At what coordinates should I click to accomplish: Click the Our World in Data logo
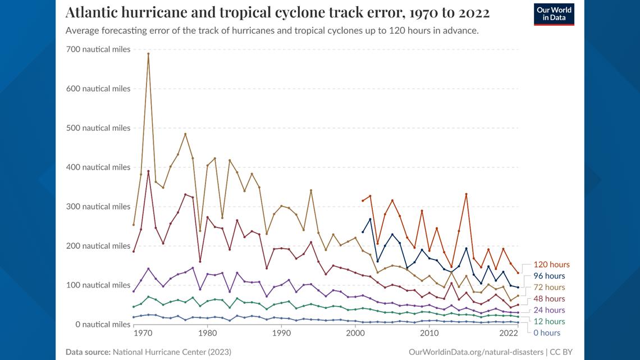tap(554, 15)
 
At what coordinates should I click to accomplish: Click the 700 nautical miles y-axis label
tap(98, 49)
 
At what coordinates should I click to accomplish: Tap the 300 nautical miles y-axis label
tap(98, 207)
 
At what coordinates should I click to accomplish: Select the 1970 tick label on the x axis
tap(134, 333)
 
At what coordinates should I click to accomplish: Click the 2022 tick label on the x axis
tap(509, 333)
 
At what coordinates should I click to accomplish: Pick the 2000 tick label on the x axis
tap(355, 333)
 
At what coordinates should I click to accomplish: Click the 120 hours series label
tap(551, 265)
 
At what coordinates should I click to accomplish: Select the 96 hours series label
tap(549, 276)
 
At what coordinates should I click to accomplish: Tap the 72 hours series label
tap(549, 288)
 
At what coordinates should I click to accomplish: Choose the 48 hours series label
tap(549, 299)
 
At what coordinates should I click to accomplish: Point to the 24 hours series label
tap(549, 310)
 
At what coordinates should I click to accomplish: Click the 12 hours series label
tap(549, 322)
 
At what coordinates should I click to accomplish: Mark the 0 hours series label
tap(547, 333)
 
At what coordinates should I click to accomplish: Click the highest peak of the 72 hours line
tap(148, 54)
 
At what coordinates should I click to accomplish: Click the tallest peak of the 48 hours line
tap(148, 171)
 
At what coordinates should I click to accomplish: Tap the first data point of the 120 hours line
tap(363, 200)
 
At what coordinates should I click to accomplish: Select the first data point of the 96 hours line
tap(363, 232)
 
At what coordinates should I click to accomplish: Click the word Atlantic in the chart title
tap(93, 12)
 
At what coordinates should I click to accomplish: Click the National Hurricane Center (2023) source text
tap(172, 352)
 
